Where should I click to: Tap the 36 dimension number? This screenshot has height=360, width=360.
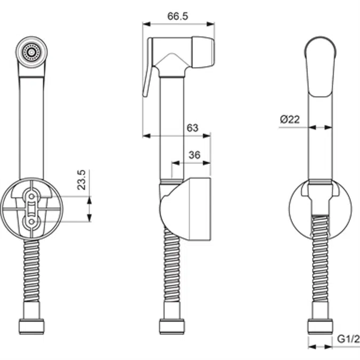195,155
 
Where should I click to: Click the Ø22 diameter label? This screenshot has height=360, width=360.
290,119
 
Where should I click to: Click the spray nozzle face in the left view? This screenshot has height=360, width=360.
31,52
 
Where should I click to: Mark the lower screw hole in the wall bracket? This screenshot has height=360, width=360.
31,220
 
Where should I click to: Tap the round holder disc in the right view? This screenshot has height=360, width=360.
299,213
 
